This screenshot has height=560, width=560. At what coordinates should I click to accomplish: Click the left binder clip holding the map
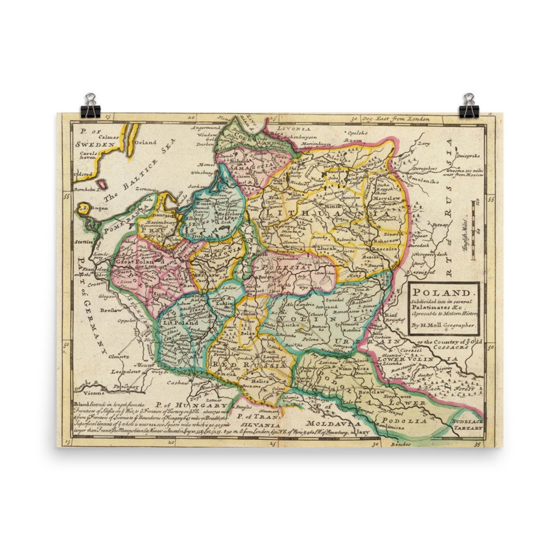[x=91, y=106]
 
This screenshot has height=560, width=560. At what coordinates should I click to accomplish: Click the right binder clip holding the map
[x=469, y=106]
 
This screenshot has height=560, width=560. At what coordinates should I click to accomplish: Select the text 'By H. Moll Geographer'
[x=442, y=326]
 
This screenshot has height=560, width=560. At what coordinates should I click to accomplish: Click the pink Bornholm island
[x=102, y=184]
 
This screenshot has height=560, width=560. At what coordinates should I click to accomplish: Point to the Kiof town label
[x=391, y=315]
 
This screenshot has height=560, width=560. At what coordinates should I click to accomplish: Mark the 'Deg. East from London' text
[x=395, y=119]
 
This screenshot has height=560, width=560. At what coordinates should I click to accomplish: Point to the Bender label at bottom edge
[x=401, y=444]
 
